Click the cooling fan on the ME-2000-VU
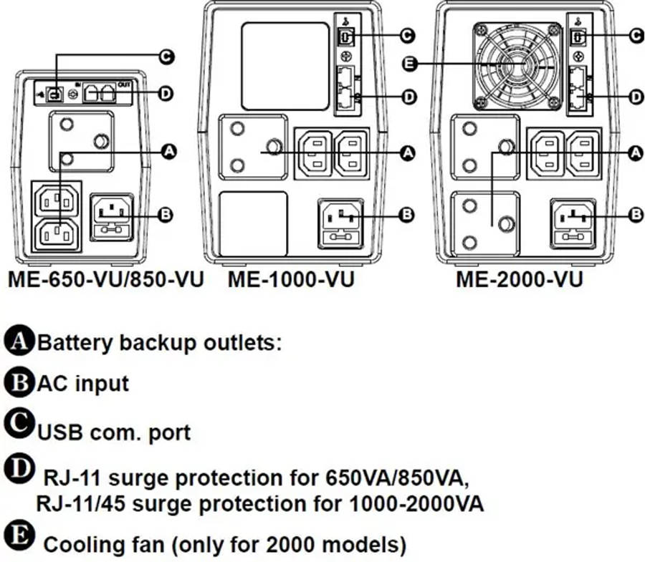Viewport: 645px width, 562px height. click(516, 65)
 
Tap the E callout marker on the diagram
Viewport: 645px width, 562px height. click(409, 64)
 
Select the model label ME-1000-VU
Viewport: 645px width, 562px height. click(290, 279)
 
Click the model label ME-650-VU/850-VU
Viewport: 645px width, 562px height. click(106, 279)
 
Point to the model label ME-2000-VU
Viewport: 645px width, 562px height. click(519, 279)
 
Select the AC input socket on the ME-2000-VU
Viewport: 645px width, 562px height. click(572, 222)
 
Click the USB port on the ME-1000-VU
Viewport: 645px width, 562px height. click(343, 35)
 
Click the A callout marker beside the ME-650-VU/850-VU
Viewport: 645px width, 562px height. click(169, 151)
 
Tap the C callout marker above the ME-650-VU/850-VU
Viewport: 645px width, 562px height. click(166, 56)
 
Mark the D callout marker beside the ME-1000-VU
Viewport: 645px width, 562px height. click(409, 97)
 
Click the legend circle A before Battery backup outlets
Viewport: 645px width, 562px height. click(19, 341)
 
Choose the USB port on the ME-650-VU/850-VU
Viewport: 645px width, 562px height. click(54, 93)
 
